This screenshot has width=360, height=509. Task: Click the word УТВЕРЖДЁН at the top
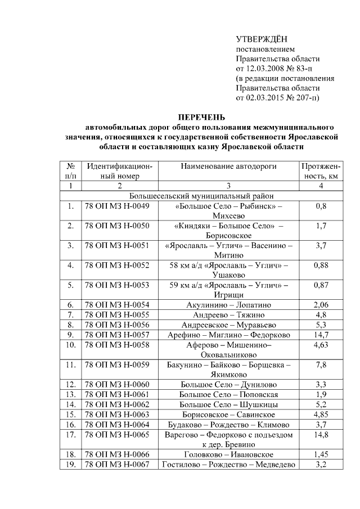[x=261, y=38]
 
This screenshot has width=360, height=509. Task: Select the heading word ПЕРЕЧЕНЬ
[x=201, y=117]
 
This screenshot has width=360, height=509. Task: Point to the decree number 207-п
[x=301, y=98]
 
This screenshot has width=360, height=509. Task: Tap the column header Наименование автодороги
[x=229, y=166]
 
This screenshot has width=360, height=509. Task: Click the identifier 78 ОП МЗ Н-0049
[x=117, y=206]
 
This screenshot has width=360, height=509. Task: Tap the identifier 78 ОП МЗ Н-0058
[x=117, y=344]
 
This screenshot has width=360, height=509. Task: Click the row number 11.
[x=71, y=364]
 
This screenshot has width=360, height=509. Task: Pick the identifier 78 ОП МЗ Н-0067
[x=117, y=464]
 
